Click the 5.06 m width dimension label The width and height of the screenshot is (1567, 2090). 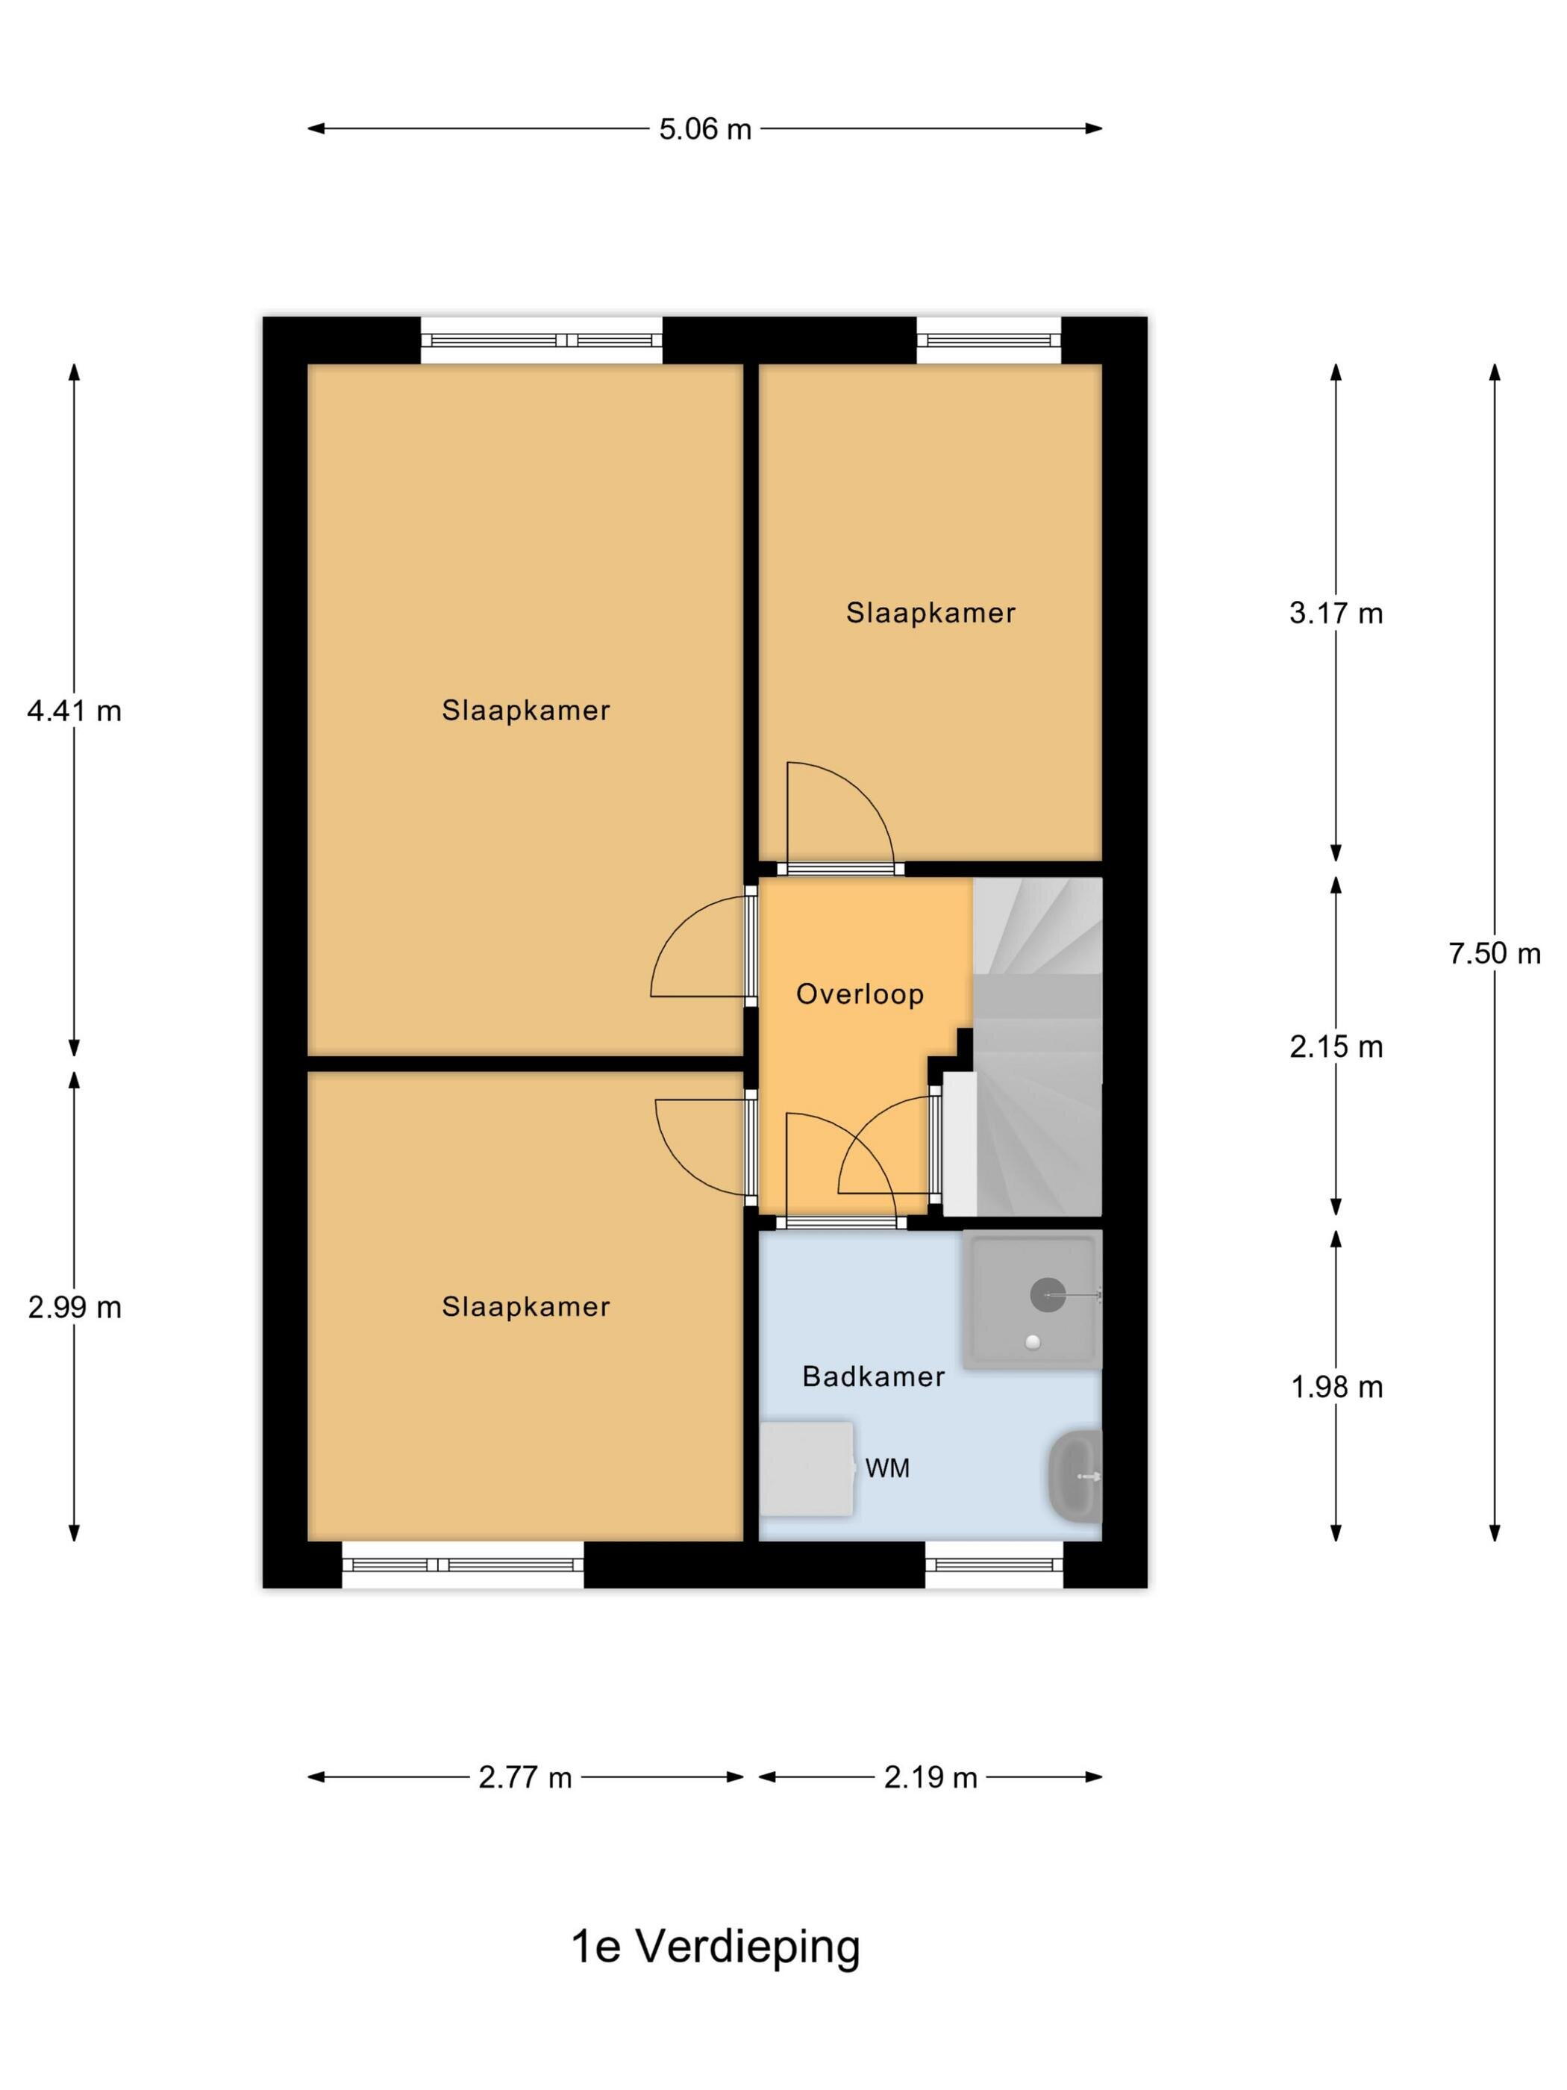coord(704,128)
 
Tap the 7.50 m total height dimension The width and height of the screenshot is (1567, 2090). coord(1495,953)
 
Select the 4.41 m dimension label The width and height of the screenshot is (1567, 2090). coord(75,711)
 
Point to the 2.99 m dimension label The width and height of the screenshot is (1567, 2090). coord(75,1308)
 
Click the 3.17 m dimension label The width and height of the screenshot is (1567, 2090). coord(1336,614)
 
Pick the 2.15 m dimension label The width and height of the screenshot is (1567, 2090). coord(1336,1047)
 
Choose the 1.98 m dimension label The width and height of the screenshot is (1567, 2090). coord(1336,1387)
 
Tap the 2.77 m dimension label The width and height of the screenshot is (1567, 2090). coord(525,1778)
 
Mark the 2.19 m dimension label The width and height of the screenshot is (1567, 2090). coord(930,1778)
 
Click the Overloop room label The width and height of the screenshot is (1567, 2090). coord(860,994)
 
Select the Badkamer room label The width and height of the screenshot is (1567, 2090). coord(874,1376)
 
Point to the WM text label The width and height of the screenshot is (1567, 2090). coord(887,1468)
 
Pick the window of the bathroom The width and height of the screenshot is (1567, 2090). coord(994,1565)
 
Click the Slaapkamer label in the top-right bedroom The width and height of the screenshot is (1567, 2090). coord(930,614)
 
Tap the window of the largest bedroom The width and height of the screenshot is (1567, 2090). coord(541,340)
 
